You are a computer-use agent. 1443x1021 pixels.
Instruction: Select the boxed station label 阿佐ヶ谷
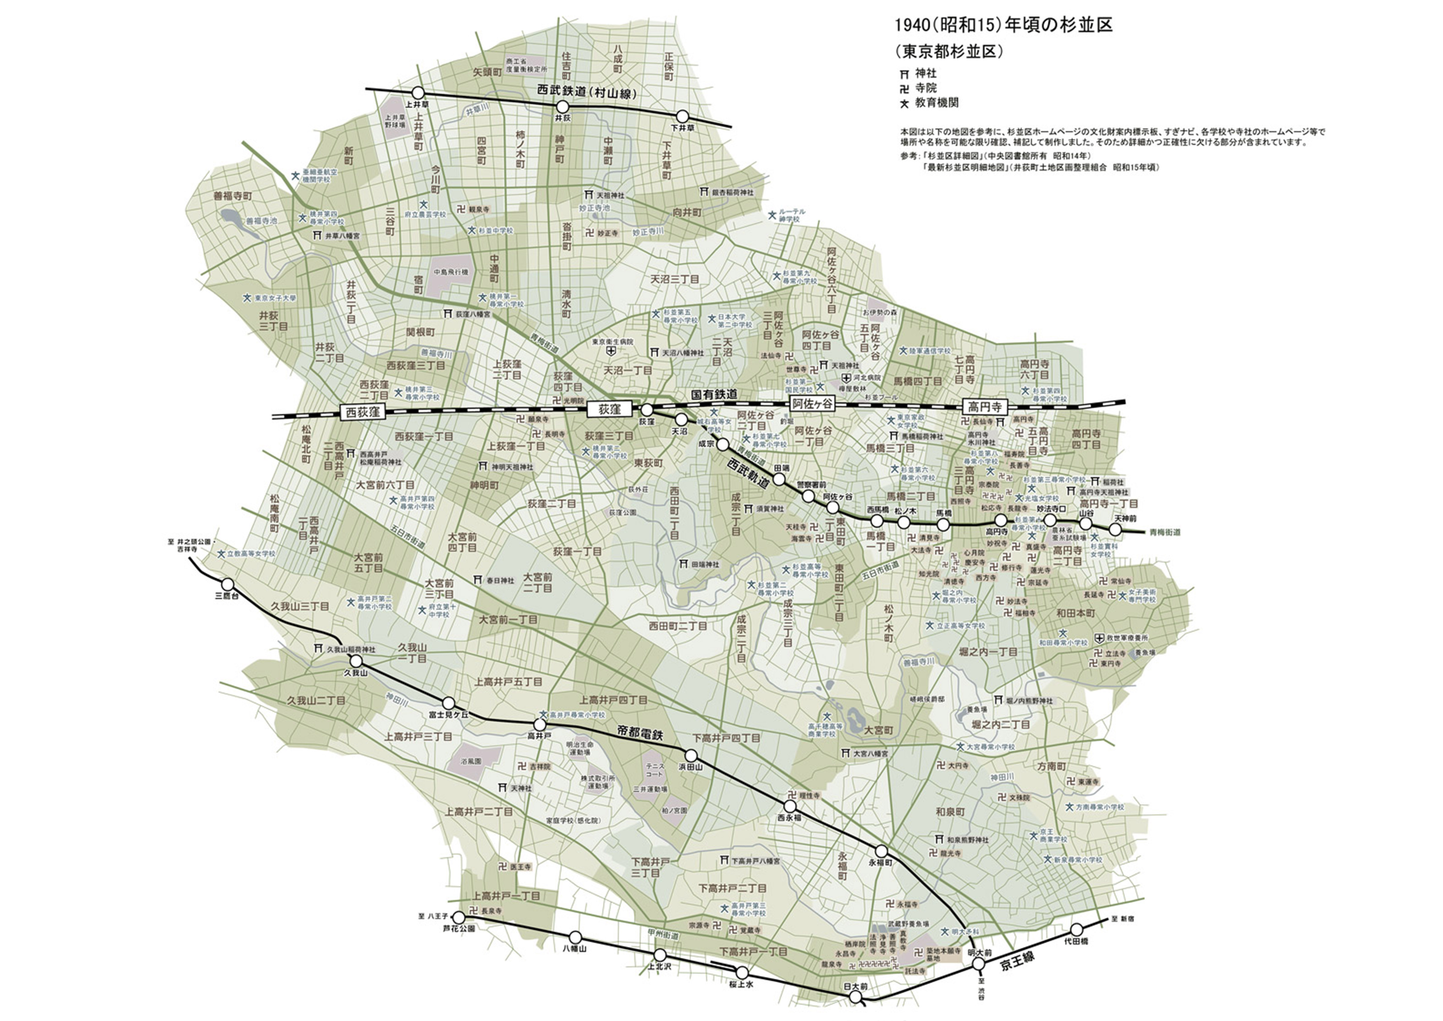[x=811, y=404]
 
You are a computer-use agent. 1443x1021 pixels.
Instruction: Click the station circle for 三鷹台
[x=228, y=585]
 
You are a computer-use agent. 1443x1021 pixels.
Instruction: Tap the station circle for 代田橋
[x=1077, y=929]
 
